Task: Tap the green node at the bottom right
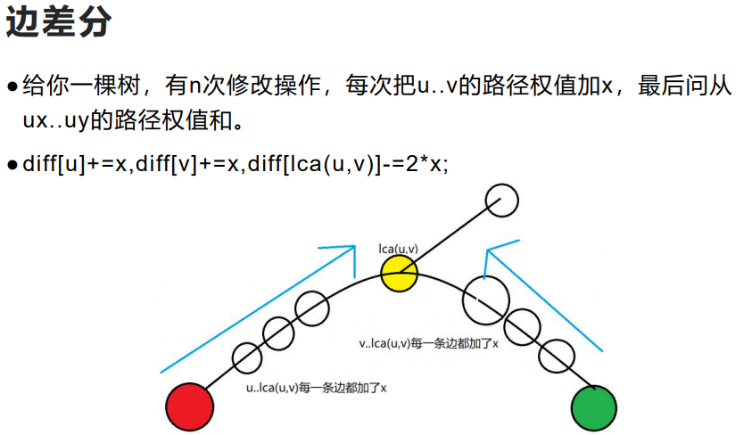(593, 408)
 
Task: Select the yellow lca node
(399, 273)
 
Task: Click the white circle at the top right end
(502, 200)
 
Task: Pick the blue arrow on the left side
(259, 308)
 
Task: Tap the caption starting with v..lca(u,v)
(427, 342)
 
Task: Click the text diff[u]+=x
(77, 164)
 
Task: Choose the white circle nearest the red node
(247, 358)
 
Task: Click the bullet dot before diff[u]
(12, 165)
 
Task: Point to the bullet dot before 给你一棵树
(12, 87)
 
